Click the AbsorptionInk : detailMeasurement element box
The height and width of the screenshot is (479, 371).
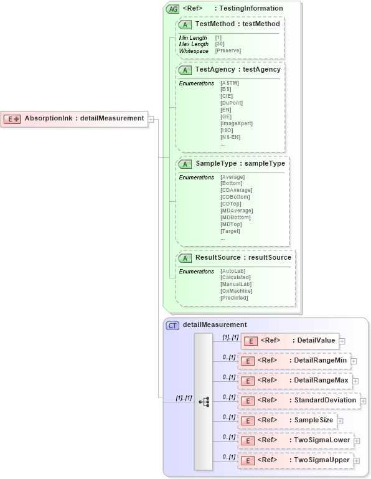75,118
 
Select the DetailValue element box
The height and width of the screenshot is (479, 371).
290,341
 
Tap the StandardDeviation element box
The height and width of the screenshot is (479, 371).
299,401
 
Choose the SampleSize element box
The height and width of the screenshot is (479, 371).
287,420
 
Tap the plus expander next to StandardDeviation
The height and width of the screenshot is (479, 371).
363,401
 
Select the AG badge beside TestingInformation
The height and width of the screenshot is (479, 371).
172,9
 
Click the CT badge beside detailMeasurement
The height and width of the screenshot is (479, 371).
172,325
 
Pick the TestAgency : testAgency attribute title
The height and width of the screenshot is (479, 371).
238,69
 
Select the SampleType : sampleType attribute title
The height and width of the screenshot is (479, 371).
240,163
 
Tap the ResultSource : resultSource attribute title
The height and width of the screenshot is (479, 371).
243,257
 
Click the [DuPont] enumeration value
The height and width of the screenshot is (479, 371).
232,103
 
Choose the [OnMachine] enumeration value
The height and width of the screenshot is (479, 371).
236,291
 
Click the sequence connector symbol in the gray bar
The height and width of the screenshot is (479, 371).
204,402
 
